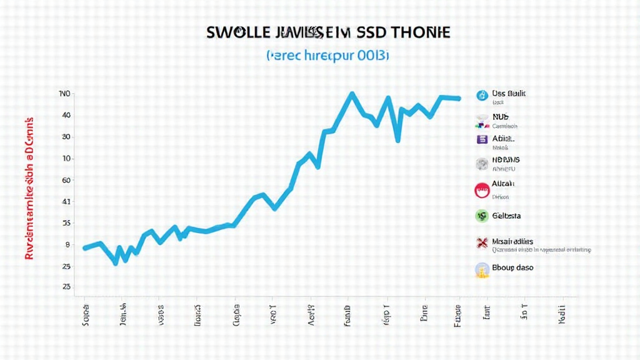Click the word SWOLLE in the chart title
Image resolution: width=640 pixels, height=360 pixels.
[235, 33]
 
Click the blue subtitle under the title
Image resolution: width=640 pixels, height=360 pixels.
[327, 56]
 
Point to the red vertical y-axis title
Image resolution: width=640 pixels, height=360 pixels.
[29, 187]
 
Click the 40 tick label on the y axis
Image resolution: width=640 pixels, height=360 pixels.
[66, 116]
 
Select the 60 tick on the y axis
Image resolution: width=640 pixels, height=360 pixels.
[66, 180]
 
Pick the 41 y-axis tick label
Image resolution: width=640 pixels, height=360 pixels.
[66, 202]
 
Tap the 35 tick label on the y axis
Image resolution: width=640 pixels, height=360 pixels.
[66, 223]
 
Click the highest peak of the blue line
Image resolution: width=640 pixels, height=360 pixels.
[352, 94]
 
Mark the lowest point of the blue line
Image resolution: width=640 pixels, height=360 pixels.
[116, 263]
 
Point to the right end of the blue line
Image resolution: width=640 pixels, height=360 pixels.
[459, 99]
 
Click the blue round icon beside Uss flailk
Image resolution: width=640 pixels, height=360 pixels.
[482, 96]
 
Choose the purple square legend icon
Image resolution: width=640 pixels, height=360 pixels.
[482, 140]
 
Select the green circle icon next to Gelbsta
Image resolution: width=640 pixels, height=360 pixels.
[482, 216]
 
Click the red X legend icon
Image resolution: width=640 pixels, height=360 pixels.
[482, 243]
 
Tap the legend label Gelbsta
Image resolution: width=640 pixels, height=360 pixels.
[507, 216]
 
